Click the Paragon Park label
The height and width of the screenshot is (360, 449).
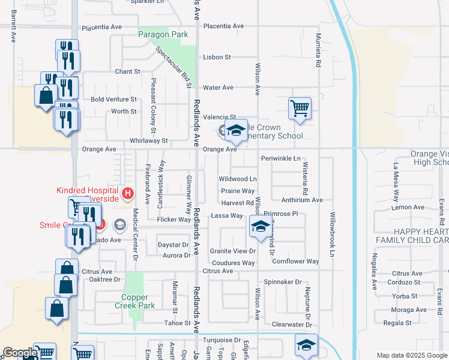163,34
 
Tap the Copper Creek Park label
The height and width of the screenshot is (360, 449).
139,301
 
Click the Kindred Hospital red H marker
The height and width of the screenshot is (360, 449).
127,193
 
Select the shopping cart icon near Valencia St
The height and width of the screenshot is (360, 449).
300,109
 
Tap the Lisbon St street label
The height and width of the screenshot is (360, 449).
217,57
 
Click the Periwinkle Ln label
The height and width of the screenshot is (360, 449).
280,158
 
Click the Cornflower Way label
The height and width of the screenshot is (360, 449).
295,261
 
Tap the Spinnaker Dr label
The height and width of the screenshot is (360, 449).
282,281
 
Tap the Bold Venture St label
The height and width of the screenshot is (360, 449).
113,99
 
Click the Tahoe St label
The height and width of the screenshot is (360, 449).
177,323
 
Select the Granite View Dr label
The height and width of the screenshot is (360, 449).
232,251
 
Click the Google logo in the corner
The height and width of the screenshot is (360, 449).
20,353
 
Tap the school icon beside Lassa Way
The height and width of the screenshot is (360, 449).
260,226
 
